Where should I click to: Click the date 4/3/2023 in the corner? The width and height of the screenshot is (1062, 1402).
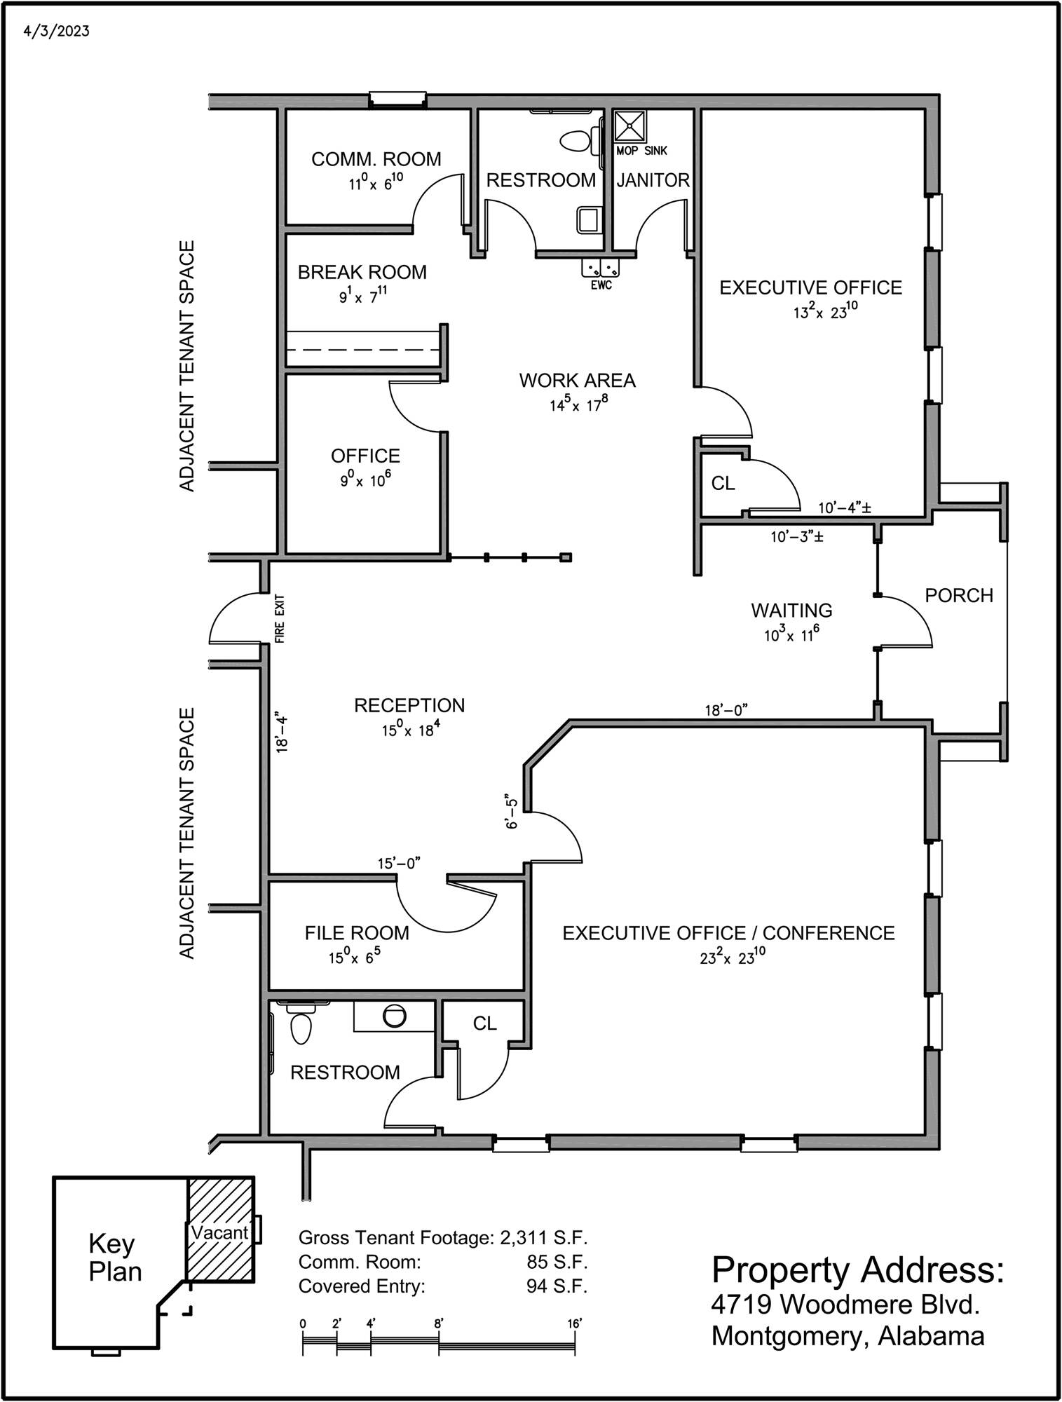tap(56, 32)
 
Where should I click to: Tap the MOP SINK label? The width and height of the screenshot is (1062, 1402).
tap(641, 151)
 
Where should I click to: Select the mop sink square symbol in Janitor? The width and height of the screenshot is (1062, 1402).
tap(630, 125)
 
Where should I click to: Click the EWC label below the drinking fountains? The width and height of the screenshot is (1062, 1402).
tap(601, 285)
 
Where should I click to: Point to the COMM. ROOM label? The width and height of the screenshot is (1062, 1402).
tap(376, 159)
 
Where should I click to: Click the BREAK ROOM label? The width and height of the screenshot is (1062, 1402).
tap(362, 272)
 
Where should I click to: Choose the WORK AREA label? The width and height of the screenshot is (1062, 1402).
tap(577, 381)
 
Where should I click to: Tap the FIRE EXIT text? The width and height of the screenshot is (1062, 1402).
tap(280, 619)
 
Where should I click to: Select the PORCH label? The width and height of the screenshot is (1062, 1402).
tap(959, 595)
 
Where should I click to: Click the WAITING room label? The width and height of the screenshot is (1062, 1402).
tap(791, 611)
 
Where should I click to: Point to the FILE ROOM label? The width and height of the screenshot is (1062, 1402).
tap(357, 933)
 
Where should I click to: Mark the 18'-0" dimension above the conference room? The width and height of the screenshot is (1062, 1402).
tap(726, 711)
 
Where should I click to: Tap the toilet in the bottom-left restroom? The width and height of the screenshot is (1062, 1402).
tap(301, 1024)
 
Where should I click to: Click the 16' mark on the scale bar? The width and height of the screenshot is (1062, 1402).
tap(576, 1323)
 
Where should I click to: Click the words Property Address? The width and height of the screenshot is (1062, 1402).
tap(857, 1270)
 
